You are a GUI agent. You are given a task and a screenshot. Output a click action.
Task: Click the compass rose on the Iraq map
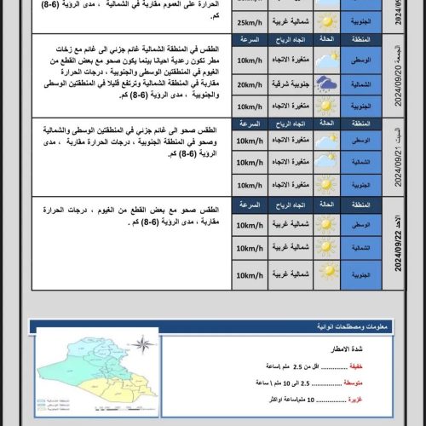coord(145,345)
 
